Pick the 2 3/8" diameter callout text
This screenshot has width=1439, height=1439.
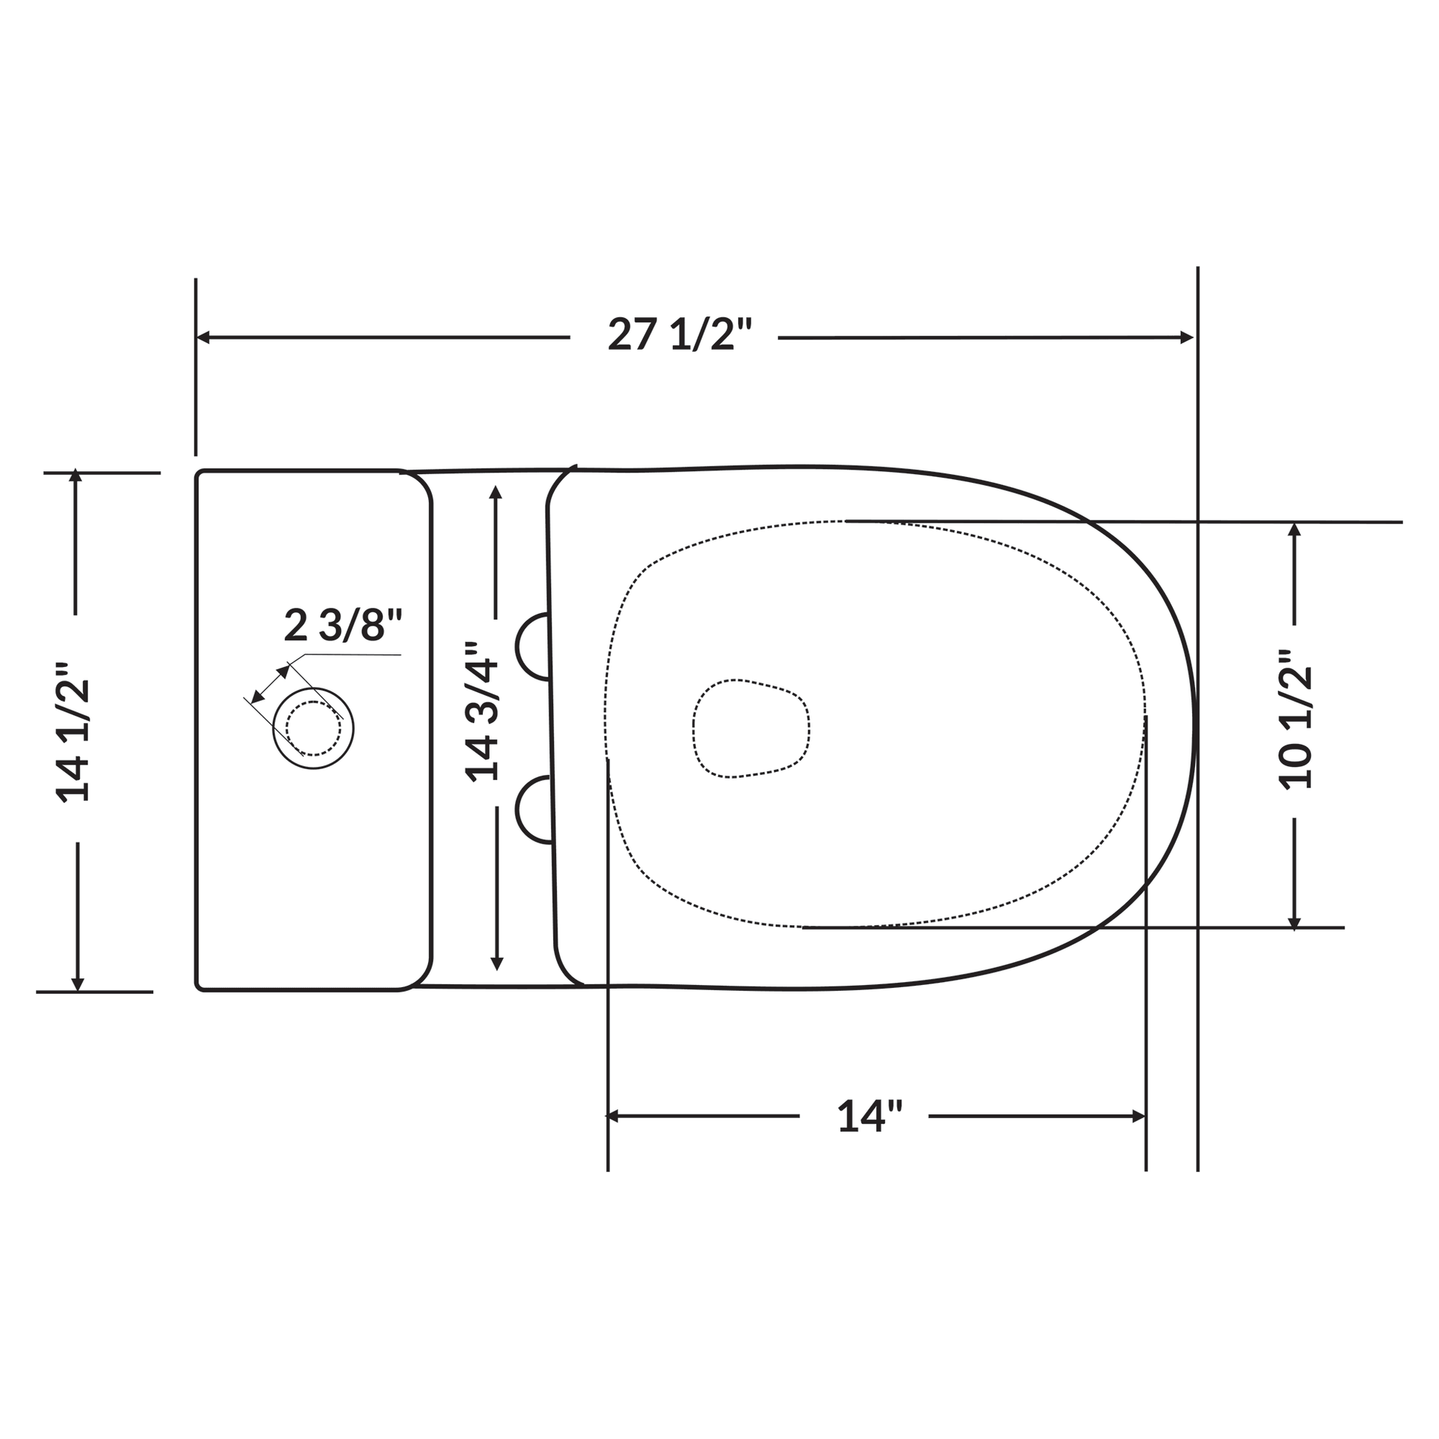coord(343,626)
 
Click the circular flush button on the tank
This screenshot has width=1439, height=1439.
coord(313,728)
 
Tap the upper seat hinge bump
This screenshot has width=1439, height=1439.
coord(532,647)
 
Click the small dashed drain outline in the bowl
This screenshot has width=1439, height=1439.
coord(751,728)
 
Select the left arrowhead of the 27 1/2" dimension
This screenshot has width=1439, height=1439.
coord(203,337)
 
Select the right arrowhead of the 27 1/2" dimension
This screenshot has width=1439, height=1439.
coord(1188,337)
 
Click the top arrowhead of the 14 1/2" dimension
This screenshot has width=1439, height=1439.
coord(75,476)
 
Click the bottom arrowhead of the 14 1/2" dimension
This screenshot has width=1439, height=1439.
coord(78,984)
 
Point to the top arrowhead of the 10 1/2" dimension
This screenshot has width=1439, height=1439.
coord(1295,529)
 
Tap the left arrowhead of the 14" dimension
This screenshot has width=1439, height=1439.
coord(614,1116)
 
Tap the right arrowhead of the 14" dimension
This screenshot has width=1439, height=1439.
coord(1138,1116)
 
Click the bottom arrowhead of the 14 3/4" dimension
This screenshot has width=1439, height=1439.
coord(498,963)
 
